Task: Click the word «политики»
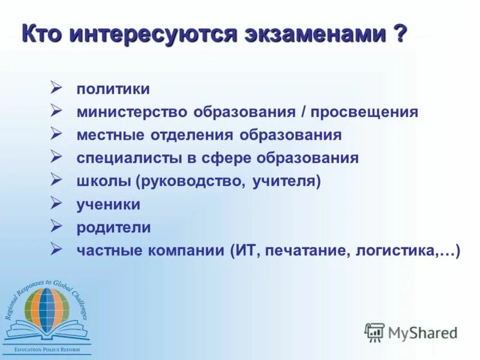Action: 113,89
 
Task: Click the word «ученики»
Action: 109,205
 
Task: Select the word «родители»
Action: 113,228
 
